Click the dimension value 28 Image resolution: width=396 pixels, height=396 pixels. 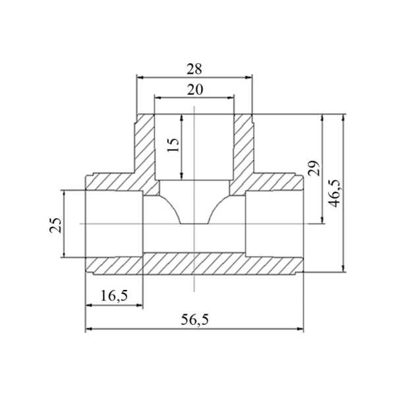click(194, 69)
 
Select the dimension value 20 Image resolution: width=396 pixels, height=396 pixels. click(195, 90)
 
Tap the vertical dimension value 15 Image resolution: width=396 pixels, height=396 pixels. click(173, 145)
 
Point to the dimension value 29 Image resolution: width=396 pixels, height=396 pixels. click(314, 168)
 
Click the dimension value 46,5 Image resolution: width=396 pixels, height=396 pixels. click(335, 194)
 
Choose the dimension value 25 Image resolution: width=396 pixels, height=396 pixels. click(55, 225)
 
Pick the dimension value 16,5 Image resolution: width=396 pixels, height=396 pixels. click(114, 295)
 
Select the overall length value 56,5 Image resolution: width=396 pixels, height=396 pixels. click(195, 320)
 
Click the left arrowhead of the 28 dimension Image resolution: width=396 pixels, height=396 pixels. click(140, 77)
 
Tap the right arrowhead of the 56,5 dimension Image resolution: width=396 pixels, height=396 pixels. click(300, 329)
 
